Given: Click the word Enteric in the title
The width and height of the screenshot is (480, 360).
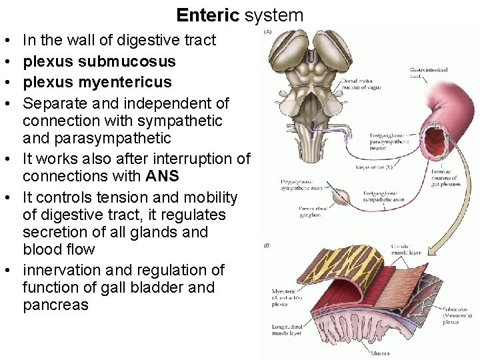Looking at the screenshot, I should pos(207,15).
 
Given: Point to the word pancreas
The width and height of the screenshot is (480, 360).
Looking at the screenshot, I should pos(55,305).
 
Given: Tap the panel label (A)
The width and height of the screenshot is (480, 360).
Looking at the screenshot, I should pos(268,31).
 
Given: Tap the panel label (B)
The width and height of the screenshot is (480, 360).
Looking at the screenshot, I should pos(267,246).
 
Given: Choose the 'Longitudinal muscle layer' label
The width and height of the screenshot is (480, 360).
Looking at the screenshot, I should pos(287,329).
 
